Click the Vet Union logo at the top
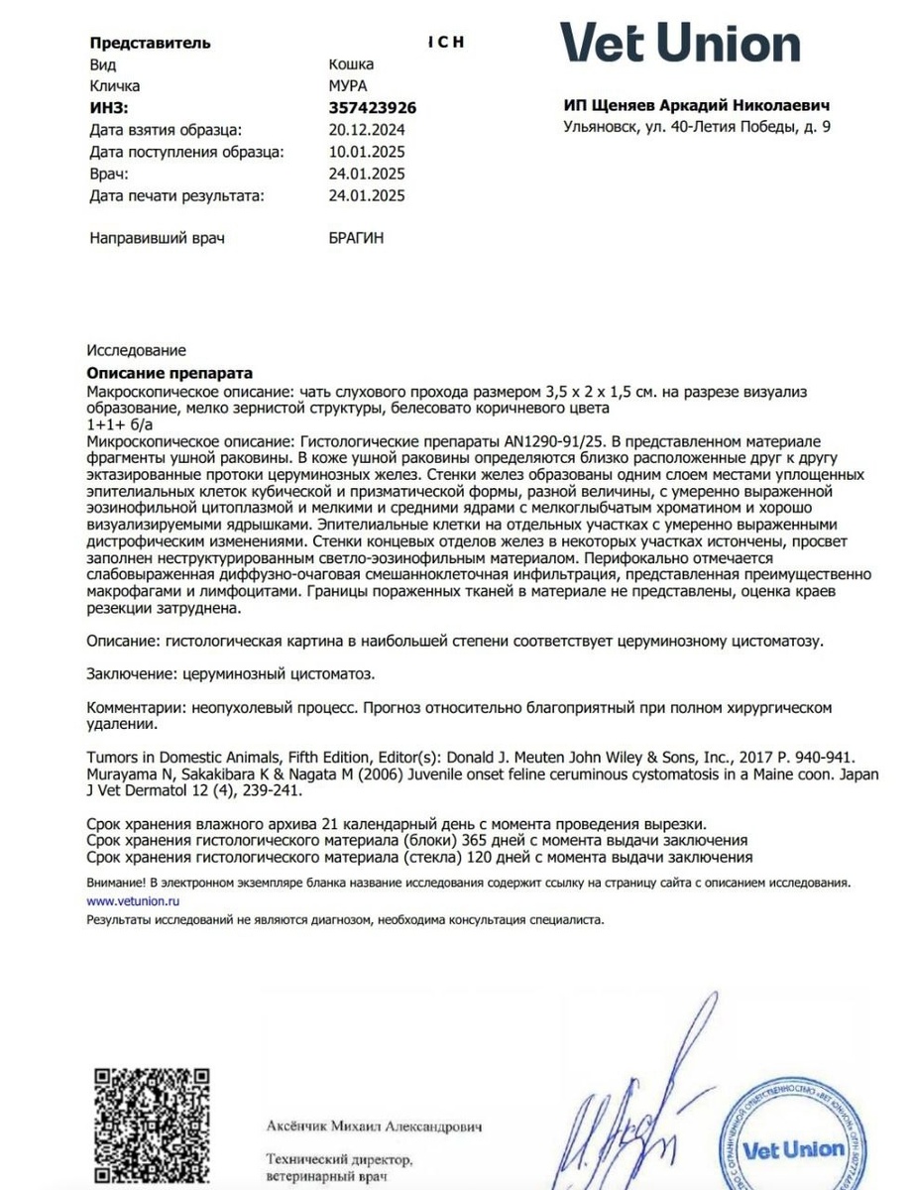point(680,45)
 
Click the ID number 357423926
point(372,108)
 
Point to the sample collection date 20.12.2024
point(366,130)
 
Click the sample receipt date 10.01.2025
point(366,152)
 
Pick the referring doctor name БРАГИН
point(356,239)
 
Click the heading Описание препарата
point(170,373)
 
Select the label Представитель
point(150,43)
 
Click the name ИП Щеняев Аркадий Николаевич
point(696,105)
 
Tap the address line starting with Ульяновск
point(696,127)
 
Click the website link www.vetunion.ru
point(132,901)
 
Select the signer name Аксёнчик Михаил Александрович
point(373,1128)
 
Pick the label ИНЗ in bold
point(109,108)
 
